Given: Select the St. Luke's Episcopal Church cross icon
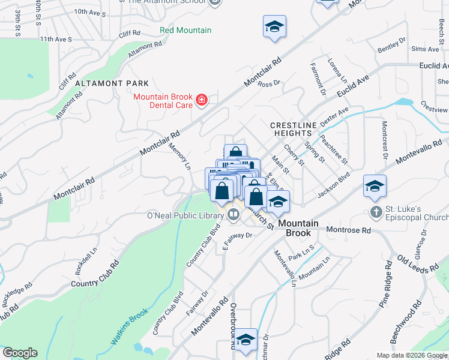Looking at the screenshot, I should [x=376, y=212].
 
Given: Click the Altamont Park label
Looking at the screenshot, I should [x=112, y=83].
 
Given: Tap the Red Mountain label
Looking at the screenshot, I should [x=185, y=30].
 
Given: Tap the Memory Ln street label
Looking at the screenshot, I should [x=178, y=155].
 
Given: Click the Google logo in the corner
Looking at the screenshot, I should [x=20, y=353].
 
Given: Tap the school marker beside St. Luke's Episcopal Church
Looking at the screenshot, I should [x=375, y=186].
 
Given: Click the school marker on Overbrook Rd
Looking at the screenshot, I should [x=245, y=340].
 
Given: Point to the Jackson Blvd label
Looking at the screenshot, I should [x=333, y=185].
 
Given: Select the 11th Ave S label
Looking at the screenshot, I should [x=56, y=39].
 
